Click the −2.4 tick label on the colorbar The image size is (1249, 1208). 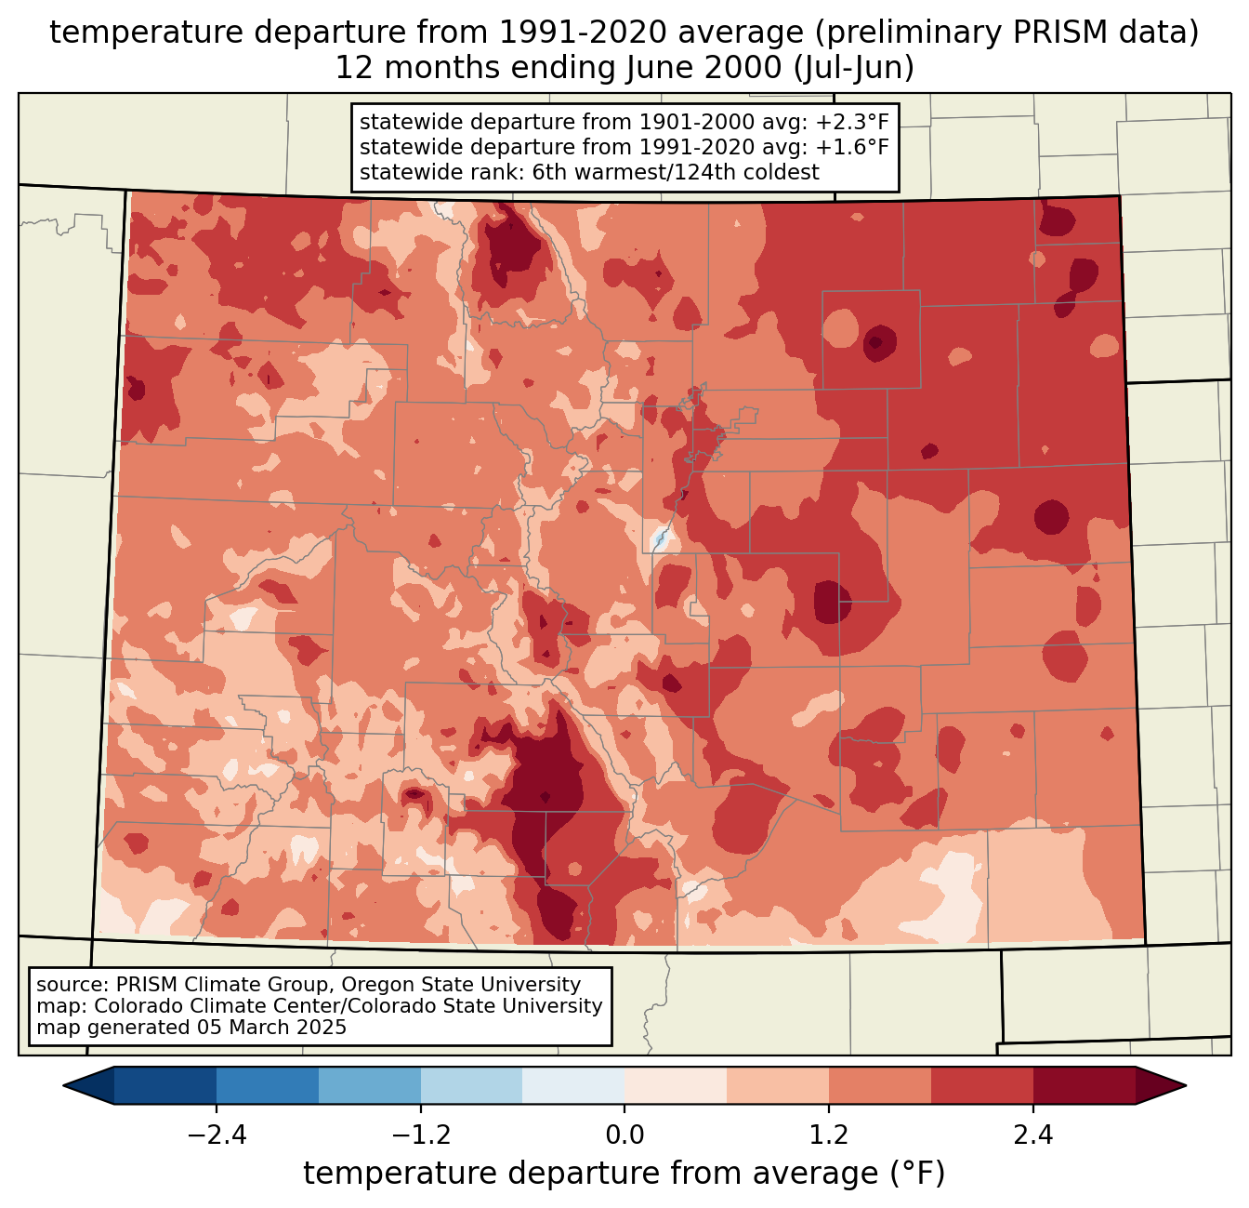pos(217,1135)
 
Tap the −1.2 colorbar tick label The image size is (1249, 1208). pos(421,1135)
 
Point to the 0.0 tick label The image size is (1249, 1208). pos(624,1135)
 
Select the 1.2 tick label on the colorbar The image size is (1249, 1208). pos(829,1135)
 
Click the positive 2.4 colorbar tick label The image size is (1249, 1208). pos(1032,1135)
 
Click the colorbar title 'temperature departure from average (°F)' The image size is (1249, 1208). pos(624,1174)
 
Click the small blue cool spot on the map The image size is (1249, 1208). pos(660,538)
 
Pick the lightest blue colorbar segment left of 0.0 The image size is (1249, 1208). pos(573,1085)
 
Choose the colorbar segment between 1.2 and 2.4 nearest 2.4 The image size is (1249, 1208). pos(981,1085)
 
